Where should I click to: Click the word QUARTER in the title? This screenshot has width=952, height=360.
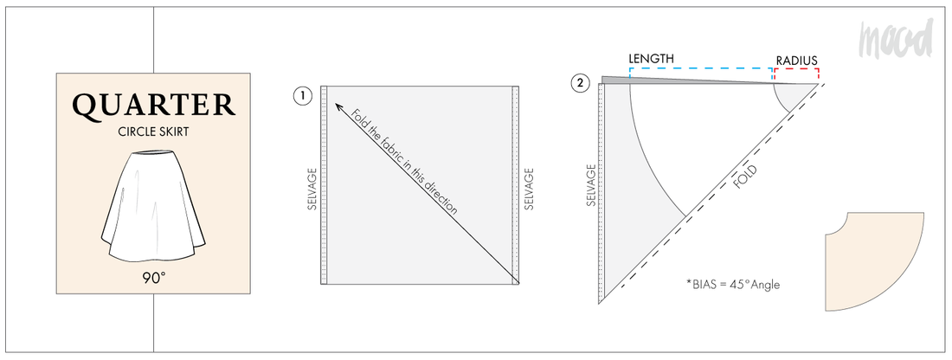154,106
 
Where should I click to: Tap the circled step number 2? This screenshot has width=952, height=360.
579,84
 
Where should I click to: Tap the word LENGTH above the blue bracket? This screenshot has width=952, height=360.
652,58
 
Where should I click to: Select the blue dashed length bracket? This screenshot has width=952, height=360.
701,69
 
